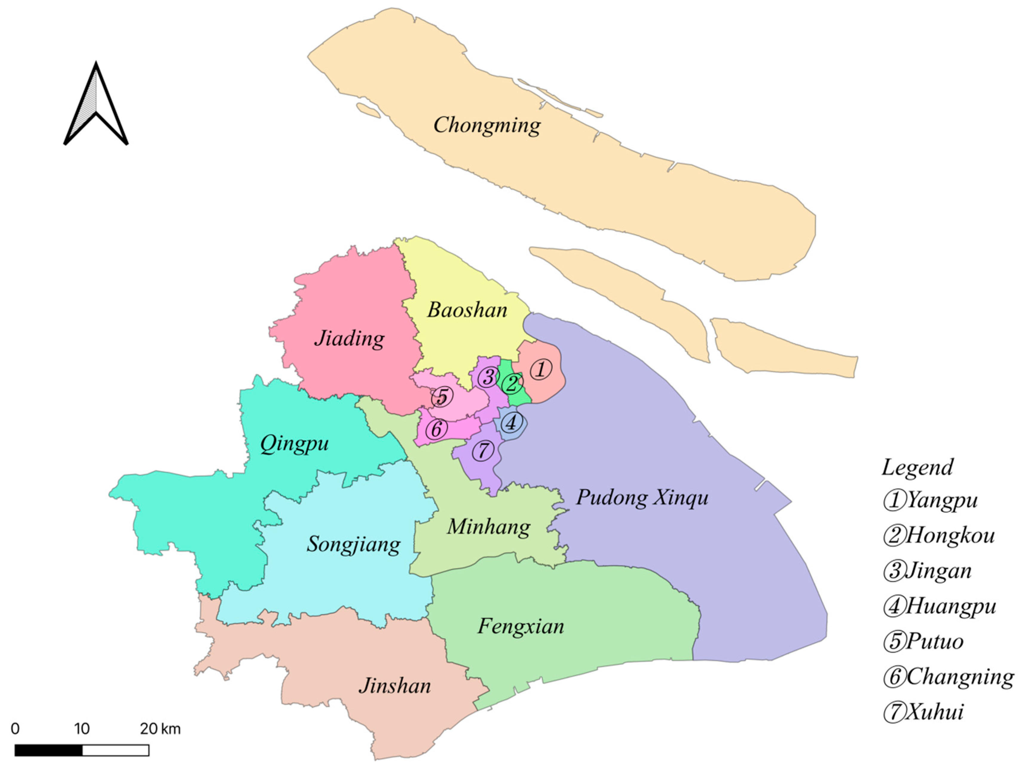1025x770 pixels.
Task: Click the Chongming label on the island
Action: coord(487,125)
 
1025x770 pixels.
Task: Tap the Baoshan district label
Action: coord(467,310)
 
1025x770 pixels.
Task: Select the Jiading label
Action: coord(349,338)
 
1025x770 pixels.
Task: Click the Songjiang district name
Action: coord(354,544)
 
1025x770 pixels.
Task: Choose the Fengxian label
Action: coord(521,626)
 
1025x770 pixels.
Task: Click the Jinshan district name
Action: coord(395,686)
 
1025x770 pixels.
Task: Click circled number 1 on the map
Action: coord(540,369)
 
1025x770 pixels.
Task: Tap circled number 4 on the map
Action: coord(511,422)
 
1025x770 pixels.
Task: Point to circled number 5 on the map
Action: coord(442,397)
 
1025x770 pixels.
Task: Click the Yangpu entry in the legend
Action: coord(931,500)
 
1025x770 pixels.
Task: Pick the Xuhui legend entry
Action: coord(923,712)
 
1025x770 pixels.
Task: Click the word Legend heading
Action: coord(917,467)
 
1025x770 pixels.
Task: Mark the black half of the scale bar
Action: coord(49,750)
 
